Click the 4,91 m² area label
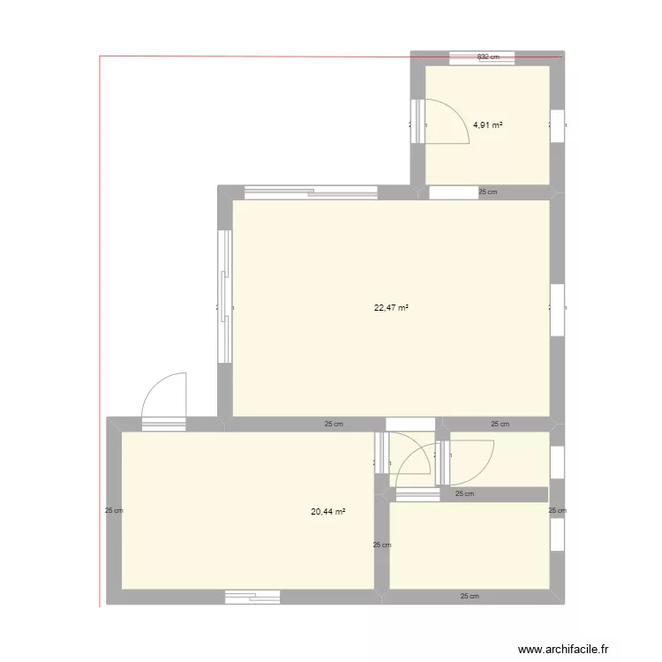pos(487,125)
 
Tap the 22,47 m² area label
pos(391,308)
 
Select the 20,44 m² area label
pos(327,511)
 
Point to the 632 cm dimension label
pos(488,57)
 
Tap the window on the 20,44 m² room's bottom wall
pos(252,598)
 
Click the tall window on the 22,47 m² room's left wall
pos(225,297)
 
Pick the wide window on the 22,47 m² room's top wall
pos(311,190)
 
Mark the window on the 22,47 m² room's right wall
pos(556,309)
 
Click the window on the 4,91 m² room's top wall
pos(482,59)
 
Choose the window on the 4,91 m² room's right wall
pos(557,124)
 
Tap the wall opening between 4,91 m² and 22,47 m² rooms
pos(451,192)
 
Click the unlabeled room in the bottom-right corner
pos(468,545)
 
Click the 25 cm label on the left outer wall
pos(113,510)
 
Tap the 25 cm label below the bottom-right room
pos(470,596)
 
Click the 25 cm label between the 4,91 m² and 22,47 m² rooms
pos(487,192)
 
